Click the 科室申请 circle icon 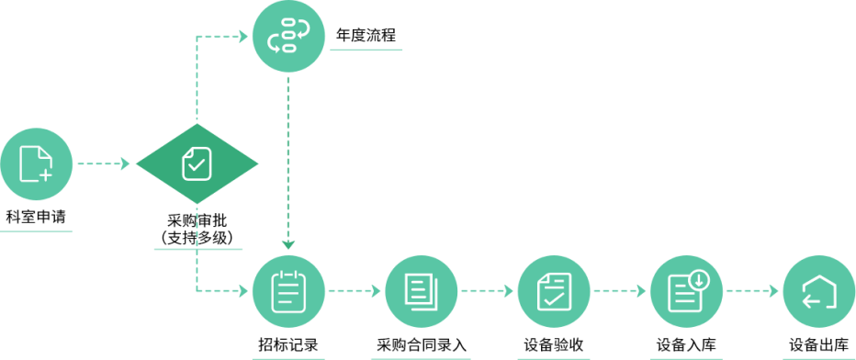[36, 163]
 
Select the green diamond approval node [197, 163]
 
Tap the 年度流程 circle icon [288, 36]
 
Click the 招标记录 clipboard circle [288, 291]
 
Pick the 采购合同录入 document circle [421, 291]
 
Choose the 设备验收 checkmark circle [554, 291]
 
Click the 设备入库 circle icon [687, 291]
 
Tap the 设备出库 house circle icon [819, 291]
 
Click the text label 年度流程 [366, 36]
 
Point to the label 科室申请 [36, 217]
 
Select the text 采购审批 [197, 221]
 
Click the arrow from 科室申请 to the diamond [104, 163]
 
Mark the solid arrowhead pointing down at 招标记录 [288, 244]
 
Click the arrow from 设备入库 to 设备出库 [752, 291]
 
